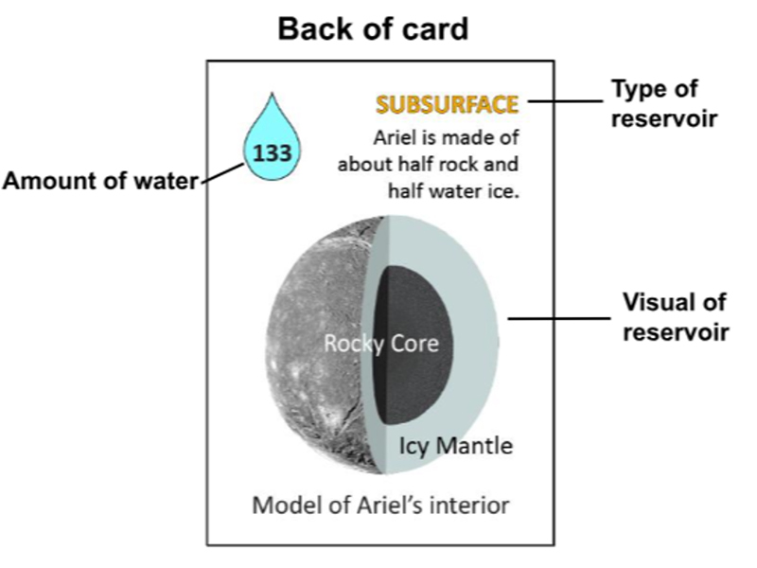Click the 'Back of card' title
373,29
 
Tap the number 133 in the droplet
273,153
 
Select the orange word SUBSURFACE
447,104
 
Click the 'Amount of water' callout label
100,181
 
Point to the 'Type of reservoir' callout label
664,103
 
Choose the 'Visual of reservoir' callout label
676,317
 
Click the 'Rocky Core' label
381,344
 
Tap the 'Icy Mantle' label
456,445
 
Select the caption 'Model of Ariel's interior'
381,506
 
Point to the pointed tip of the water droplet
273,93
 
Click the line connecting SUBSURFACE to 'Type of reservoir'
565,101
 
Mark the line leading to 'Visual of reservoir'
559,318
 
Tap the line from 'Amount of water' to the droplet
222,174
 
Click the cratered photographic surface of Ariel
319,343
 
